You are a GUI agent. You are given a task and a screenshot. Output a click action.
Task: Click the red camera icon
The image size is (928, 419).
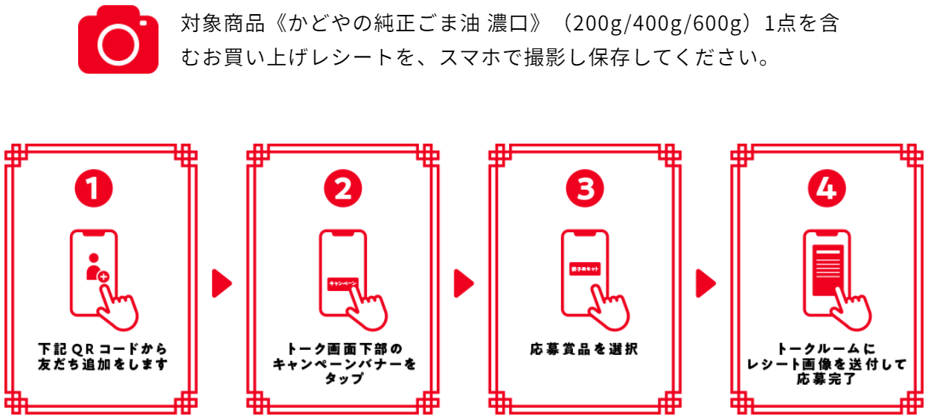[118, 39]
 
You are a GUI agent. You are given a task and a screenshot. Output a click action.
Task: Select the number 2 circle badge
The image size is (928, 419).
[343, 189]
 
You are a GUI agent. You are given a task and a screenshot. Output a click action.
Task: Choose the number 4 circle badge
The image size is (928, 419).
[826, 189]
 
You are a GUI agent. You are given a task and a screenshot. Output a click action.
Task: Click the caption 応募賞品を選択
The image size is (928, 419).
[584, 348]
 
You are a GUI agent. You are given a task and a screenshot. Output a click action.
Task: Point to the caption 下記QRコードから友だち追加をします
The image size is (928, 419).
[102, 356]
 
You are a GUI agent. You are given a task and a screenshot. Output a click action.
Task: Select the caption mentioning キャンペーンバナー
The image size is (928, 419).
[344, 363]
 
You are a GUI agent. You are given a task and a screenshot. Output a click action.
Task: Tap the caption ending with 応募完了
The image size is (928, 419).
[826, 363]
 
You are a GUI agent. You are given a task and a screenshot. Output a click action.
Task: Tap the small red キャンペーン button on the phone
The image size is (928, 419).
[343, 284]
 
